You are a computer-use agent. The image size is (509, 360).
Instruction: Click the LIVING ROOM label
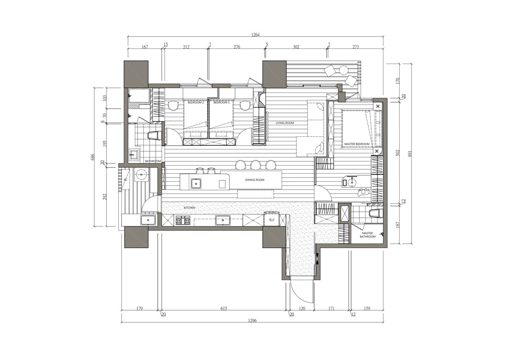point(285,123)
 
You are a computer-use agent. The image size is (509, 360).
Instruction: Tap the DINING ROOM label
point(255,180)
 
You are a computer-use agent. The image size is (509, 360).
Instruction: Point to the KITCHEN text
point(189,208)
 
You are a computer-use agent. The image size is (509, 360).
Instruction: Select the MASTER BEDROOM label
point(357,144)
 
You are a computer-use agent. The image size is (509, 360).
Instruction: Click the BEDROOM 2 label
point(196,103)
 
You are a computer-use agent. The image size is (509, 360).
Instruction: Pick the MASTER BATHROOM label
point(367,235)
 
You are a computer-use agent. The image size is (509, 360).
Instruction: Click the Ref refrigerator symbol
point(272,219)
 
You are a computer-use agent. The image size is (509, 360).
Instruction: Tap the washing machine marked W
point(141,174)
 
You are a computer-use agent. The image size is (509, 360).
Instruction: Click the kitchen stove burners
point(183,220)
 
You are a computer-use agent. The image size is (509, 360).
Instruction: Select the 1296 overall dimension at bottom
point(252,321)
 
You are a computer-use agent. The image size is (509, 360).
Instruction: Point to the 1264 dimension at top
point(255,35)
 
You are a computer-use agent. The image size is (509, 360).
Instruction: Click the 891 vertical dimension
point(410,154)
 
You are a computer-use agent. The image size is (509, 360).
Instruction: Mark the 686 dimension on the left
point(93,157)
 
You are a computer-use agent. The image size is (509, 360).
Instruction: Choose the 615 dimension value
point(224,309)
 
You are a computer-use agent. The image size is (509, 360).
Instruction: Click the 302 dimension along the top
point(296,47)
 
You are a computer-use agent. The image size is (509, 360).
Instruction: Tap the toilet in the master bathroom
point(375,214)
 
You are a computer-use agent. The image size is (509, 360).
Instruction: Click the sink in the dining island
point(196,183)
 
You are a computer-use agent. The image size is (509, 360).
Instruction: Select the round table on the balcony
point(344,70)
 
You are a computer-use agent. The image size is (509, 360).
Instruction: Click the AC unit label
point(126,180)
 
